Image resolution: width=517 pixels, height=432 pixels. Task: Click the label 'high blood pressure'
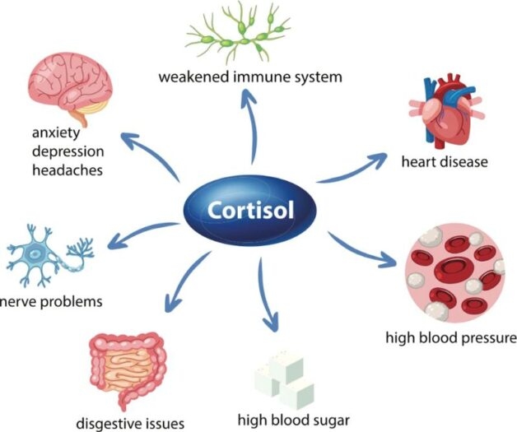coord(451,338)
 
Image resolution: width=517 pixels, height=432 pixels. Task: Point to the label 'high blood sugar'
coord(294,419)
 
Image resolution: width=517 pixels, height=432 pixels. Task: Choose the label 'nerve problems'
coord(52,301)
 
